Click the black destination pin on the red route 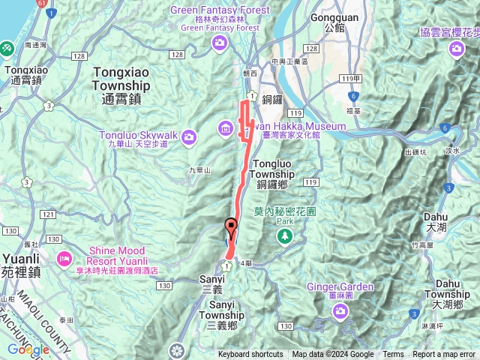click(231, 226)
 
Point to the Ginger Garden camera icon click(344, 310)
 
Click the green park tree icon click(284, 237)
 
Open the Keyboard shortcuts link click(250, 355)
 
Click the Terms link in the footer click(393, 355)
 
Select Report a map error click(444, 355)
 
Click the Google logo click(28, 349)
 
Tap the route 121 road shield click(49, 215)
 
